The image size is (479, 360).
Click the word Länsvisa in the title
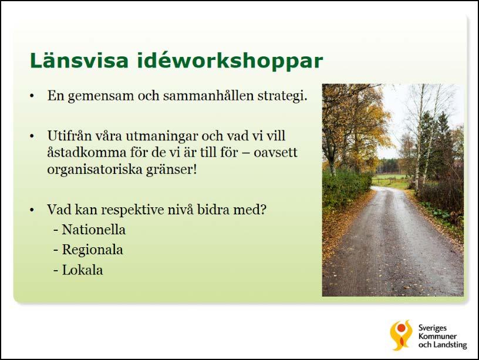[79, 60]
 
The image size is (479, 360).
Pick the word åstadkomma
[87, 152]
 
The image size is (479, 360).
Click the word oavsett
[275, 153]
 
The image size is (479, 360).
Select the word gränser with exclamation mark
[171, 170]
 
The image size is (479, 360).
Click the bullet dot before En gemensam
[32, 96]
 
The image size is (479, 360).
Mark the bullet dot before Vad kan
[32, 210]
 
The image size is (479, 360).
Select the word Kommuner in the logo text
[437, 337]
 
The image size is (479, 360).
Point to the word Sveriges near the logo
[432, 328]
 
